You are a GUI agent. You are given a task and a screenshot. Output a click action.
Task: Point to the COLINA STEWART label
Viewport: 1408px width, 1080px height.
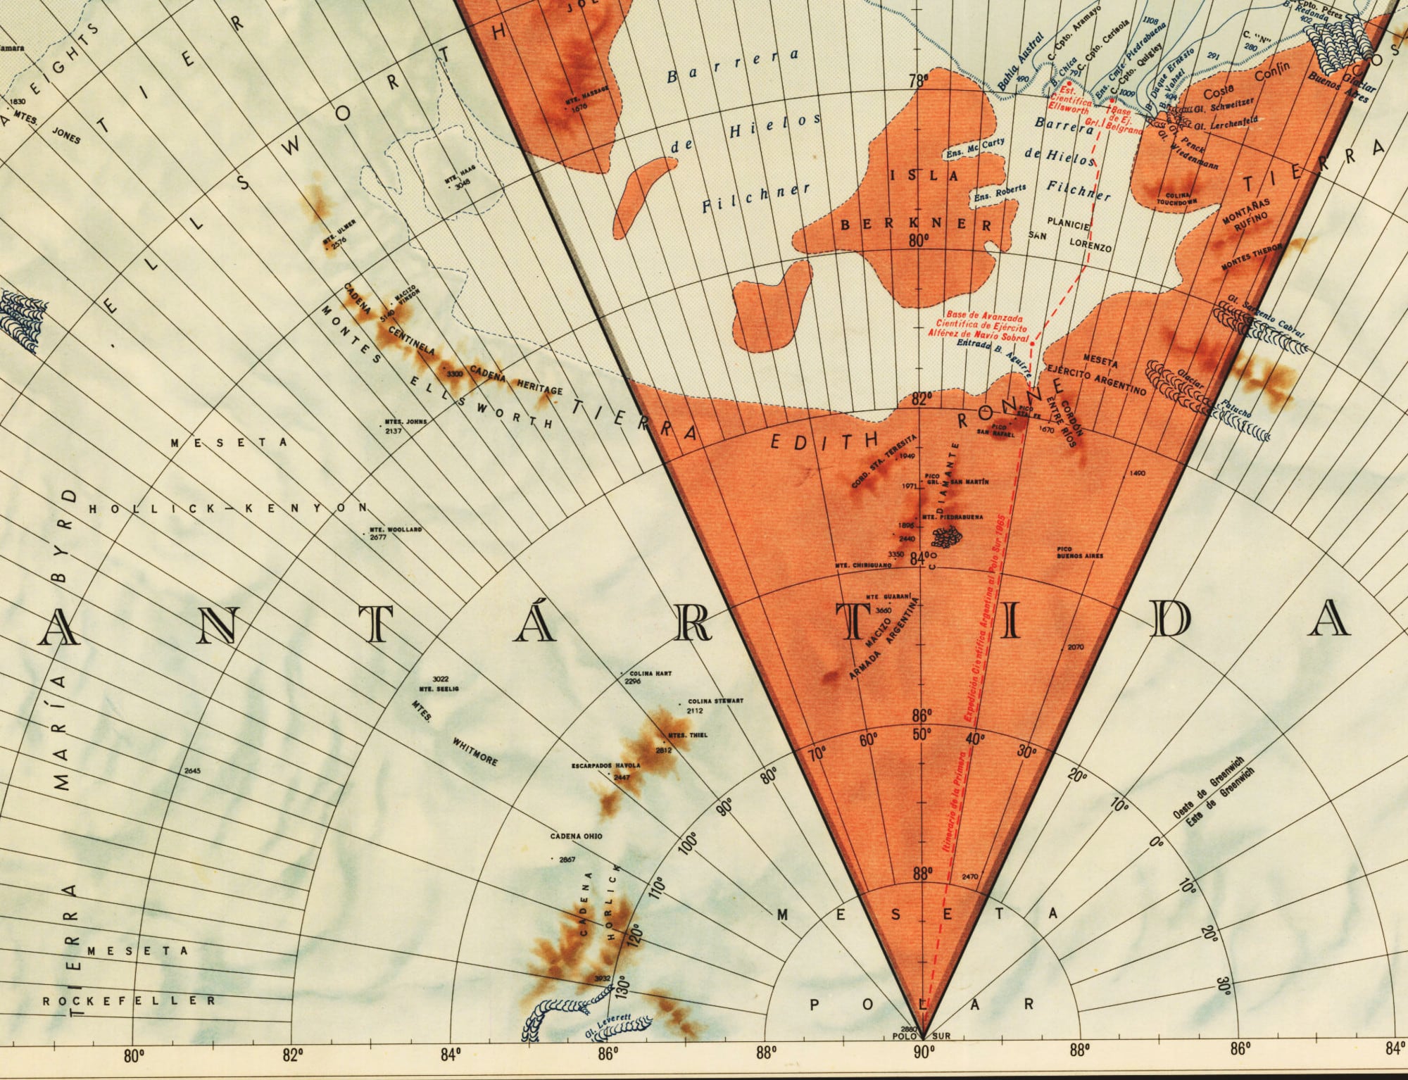click(715, 702)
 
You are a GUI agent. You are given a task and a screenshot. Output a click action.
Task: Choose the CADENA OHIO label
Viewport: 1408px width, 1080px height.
click(576, 836)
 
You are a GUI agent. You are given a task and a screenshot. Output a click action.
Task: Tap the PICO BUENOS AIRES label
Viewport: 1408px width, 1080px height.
click(1079, 552)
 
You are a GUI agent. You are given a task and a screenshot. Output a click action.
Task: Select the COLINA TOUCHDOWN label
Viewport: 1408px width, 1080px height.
click(1176, 198)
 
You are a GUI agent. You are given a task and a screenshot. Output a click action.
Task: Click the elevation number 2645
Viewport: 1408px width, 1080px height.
click(192, 771)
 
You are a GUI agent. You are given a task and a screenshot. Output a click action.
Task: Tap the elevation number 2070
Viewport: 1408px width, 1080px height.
click(1076, 647)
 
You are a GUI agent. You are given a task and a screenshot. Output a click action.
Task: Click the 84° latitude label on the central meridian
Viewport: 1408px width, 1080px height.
click(917, 558)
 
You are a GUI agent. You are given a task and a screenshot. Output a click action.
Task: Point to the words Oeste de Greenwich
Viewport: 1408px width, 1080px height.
click(1208, 789)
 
